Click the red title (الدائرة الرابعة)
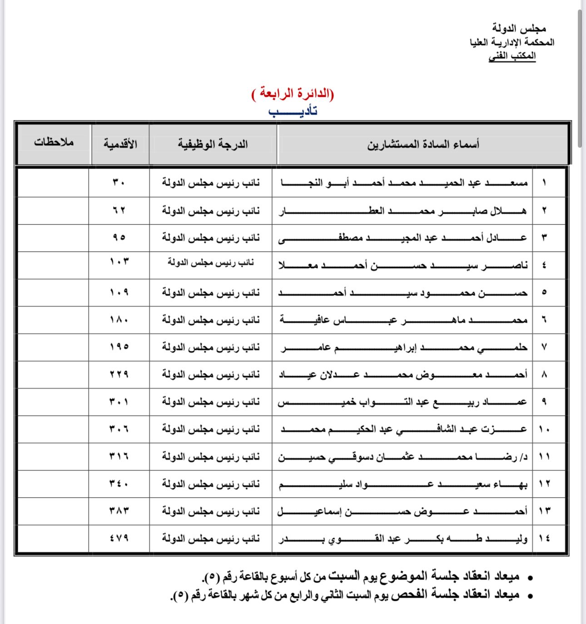click(x=293, y=94)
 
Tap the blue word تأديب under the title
click(x=293, y=111)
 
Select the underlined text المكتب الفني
click(x=512, y=56)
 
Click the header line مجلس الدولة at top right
click(x=519, y=29)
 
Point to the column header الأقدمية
click(x=120, y=144)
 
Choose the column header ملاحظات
click(x=54, y=142)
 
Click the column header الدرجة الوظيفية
click(x=213, y=145)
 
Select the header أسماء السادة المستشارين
click(x=423, y=145)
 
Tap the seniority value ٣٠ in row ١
click(x=119, y=183)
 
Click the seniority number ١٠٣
click(x=119, y=262)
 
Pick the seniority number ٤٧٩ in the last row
click(x=119, y=538)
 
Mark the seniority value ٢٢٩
click(x=119, y=374)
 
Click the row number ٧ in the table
click(x=544, y=347)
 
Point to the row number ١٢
click(x=544, y=484)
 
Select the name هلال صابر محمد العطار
click(x=403, y=211)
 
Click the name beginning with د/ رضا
click(x=403, y=456)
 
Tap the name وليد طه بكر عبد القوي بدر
click(x=403, y=539)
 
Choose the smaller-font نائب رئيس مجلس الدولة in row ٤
click(x=211, y=262)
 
